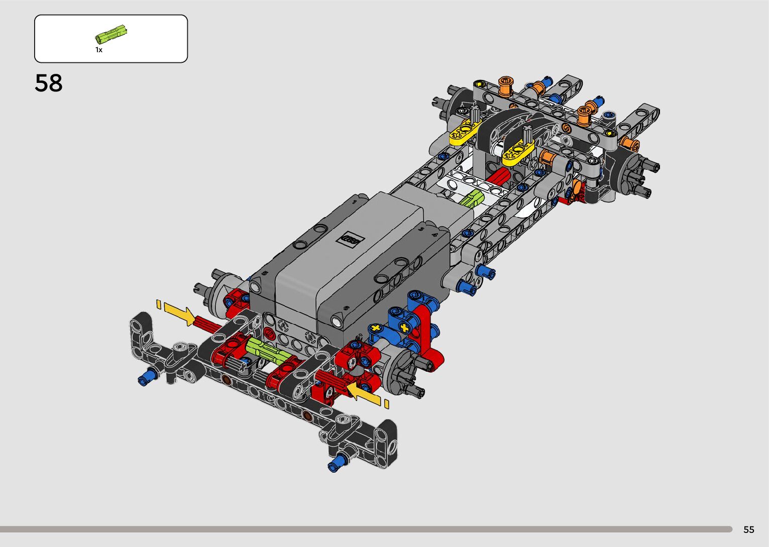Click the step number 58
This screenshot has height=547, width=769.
[48, 83]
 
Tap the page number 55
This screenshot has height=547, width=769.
[749, 529]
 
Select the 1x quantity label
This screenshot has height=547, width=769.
[99, 50]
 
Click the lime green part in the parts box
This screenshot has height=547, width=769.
[111, 34]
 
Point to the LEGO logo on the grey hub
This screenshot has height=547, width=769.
[350, 239]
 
